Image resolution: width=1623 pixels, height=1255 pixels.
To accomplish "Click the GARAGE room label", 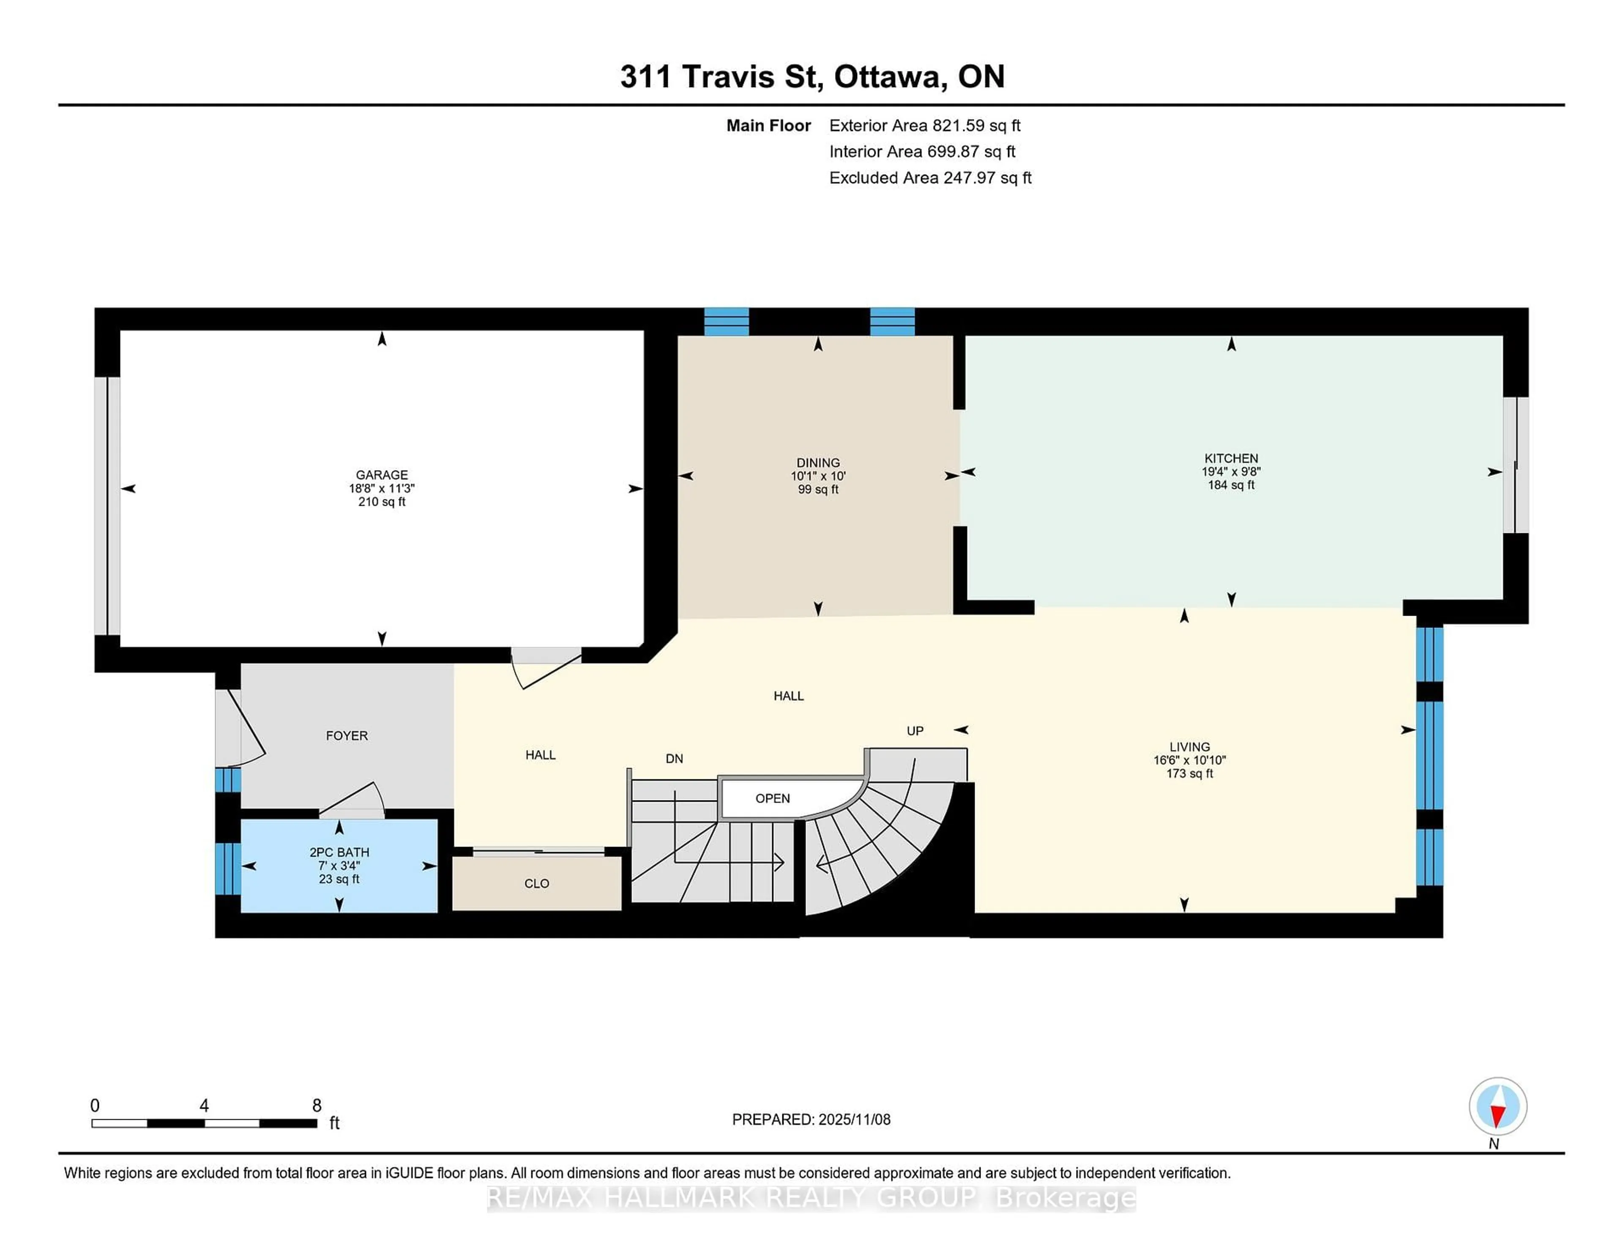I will tap(381, 474).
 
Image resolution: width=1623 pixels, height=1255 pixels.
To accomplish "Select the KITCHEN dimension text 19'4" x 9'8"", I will tap(1231, 471).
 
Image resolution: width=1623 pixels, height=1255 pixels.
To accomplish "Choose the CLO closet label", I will tap(536, 883).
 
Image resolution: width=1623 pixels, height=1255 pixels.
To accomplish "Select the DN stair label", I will tap(674, 758).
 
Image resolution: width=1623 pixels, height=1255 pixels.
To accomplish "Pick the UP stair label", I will tap(915, 731).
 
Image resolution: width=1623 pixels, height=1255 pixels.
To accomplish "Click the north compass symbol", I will tap(1497, 1106).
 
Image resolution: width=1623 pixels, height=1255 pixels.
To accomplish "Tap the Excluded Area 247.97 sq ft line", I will tap(930, 178).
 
